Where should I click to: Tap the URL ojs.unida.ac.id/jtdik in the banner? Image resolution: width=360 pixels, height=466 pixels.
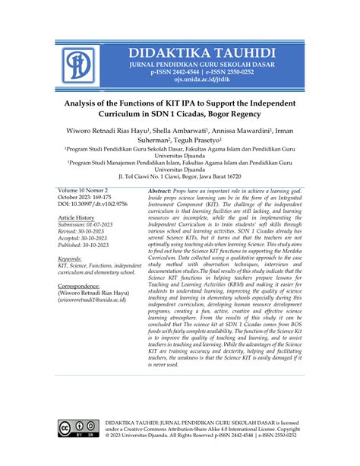click(x=201, y=86)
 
